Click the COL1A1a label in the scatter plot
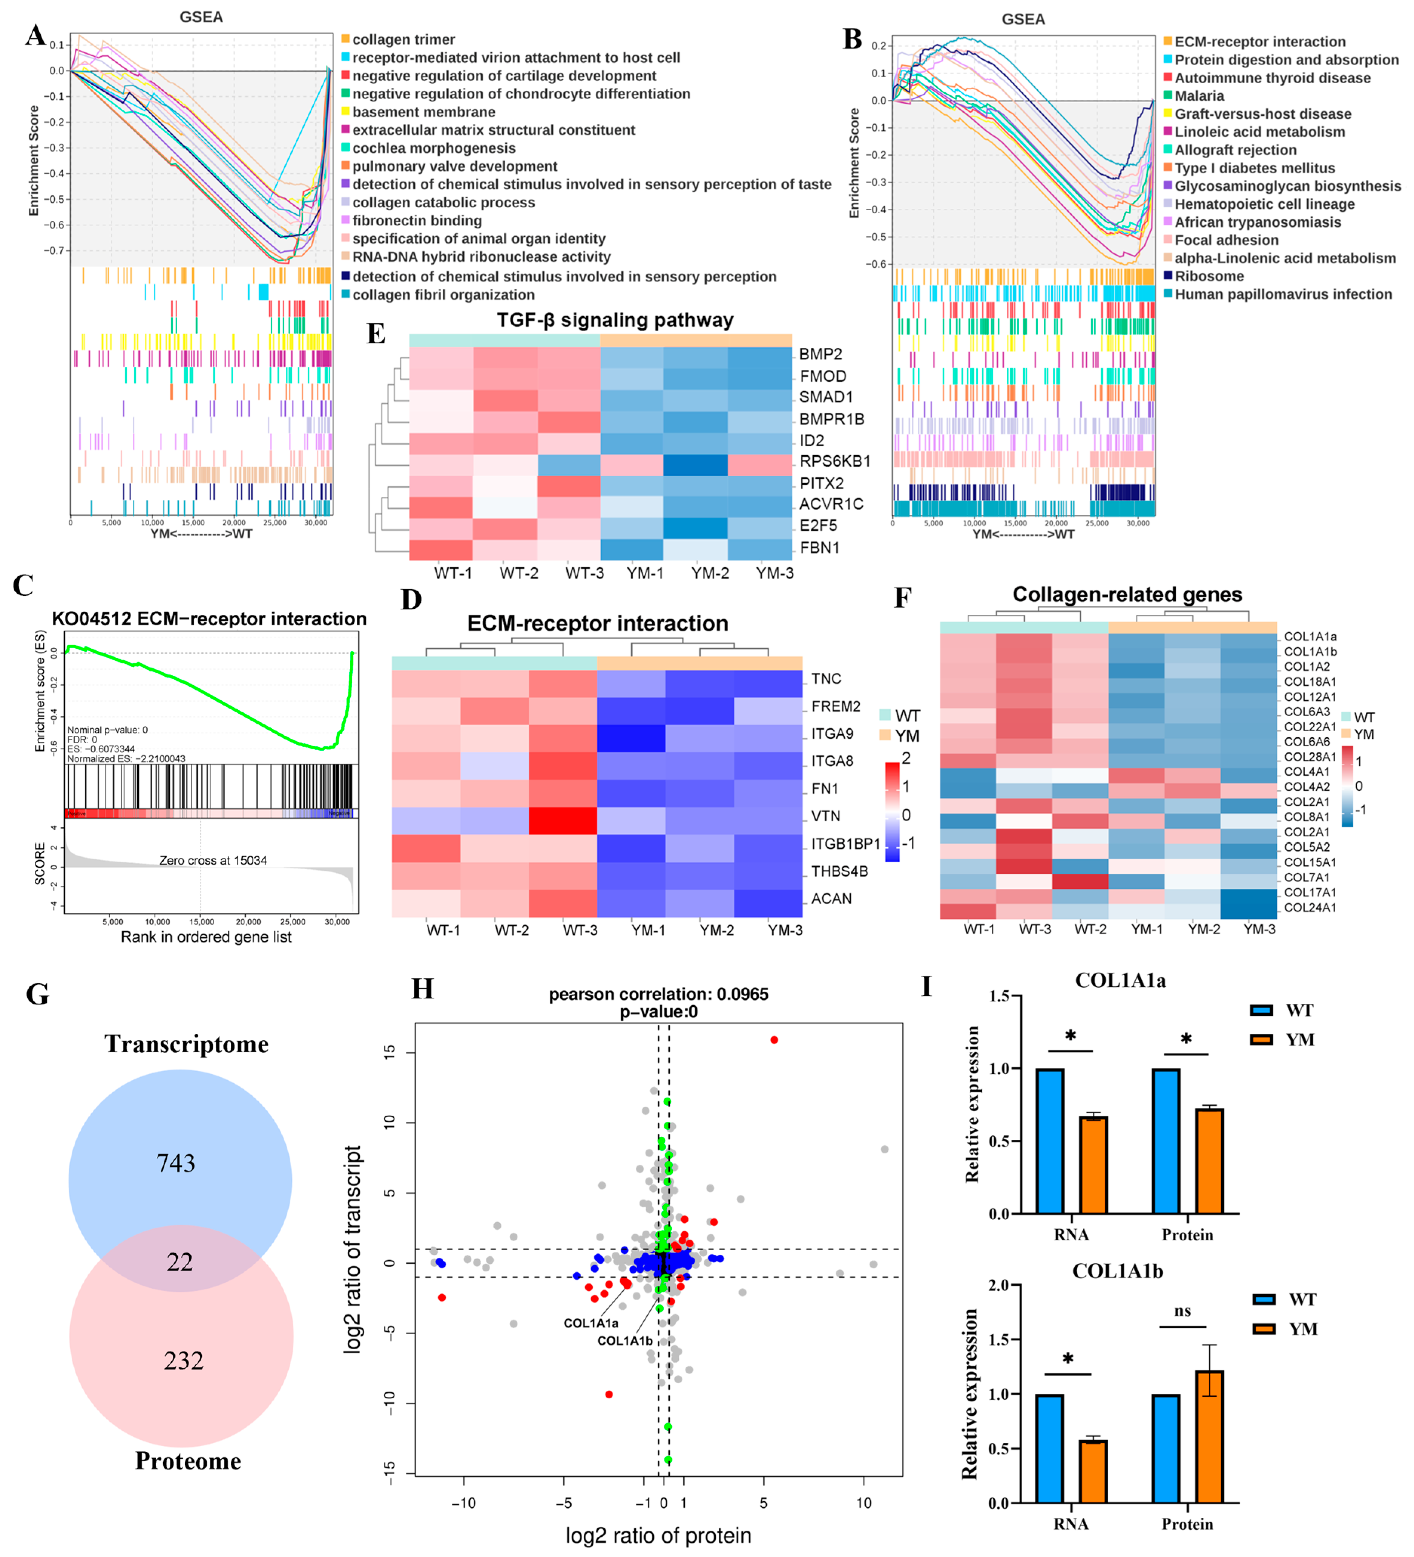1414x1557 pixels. [x=590, y=1323]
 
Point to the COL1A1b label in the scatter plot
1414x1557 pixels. [x=624, y=1341]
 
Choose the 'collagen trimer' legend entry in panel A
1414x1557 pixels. [x=403, y=40]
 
